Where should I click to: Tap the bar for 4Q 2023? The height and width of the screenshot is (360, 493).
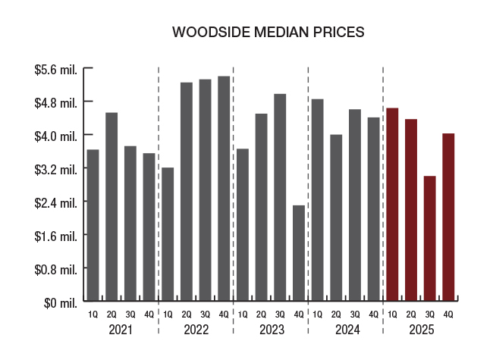click(x=299, y=252)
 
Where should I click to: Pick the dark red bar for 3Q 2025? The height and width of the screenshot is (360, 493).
click(x=430, y=238)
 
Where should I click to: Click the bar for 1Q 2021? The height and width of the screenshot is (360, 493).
click(x=93, y=224)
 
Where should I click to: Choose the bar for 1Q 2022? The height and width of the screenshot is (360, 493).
click(x=168, y=233)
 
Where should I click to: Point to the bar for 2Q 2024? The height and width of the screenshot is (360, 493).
click(x=336, y=218)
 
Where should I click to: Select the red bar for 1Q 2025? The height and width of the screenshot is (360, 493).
click(x=392, y=204)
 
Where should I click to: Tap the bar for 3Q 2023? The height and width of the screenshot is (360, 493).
click(x=280, y=197)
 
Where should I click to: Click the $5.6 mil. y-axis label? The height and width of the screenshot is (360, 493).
click(x=56, y=69)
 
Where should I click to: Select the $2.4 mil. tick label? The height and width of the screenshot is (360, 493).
click(x=56, y=202)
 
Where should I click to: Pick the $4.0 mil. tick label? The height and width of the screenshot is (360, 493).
click(x=56, y=136)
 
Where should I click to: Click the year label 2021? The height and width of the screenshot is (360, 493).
click(x=121, y=330)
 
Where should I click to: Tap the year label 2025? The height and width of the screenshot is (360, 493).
click(x=420, y=330)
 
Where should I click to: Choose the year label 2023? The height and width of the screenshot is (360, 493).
click(x=271, y=330)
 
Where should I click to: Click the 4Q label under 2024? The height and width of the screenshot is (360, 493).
click(x=373, y=315)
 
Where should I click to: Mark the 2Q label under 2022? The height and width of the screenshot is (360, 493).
click(x=187, y=315)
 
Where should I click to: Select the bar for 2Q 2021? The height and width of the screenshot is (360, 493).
click(x=111, y=206)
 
